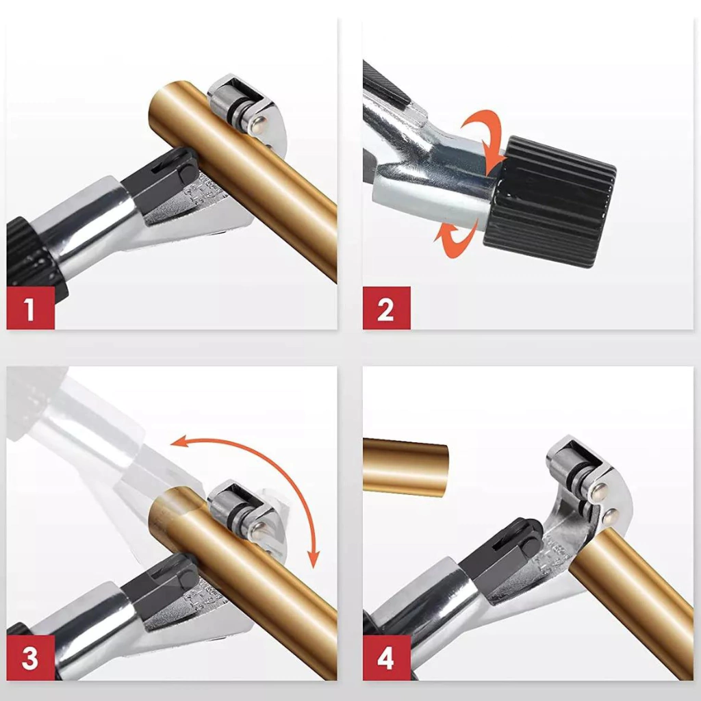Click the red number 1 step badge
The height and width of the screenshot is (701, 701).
coord(30,308)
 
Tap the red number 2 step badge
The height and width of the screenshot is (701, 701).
coord(386,308)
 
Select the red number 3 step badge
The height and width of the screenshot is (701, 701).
coord(30,658)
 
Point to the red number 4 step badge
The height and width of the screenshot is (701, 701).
coord(386,658)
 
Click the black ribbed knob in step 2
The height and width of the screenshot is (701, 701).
coord(550,201)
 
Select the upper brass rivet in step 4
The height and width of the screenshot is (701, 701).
coord(599,492)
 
